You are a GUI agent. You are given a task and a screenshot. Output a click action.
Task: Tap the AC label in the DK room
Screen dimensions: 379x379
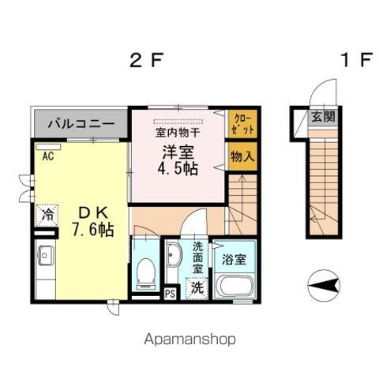click(x=47, y=156)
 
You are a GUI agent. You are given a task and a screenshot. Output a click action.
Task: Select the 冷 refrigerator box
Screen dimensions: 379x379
click(x=47, y=213)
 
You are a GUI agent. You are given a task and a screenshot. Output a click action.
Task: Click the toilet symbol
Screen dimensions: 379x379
click(x=144, y=273)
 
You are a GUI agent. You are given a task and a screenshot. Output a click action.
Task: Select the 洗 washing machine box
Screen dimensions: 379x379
click(x=194, y=288)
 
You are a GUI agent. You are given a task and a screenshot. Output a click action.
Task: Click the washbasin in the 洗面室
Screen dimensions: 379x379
click(x=174, y=257)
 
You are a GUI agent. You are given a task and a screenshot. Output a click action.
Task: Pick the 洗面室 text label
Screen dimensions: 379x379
click(x=197, y=257)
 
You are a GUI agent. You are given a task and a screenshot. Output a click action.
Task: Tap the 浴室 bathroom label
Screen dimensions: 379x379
click(x=235, y=258)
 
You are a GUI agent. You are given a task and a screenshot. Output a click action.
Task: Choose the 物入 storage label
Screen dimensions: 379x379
click(x=242, y=157)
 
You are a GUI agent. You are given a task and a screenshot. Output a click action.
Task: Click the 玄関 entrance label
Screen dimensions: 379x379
click(x=321, y=116)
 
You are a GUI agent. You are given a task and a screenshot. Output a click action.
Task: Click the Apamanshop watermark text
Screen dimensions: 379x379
click(x=189, y=340)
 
